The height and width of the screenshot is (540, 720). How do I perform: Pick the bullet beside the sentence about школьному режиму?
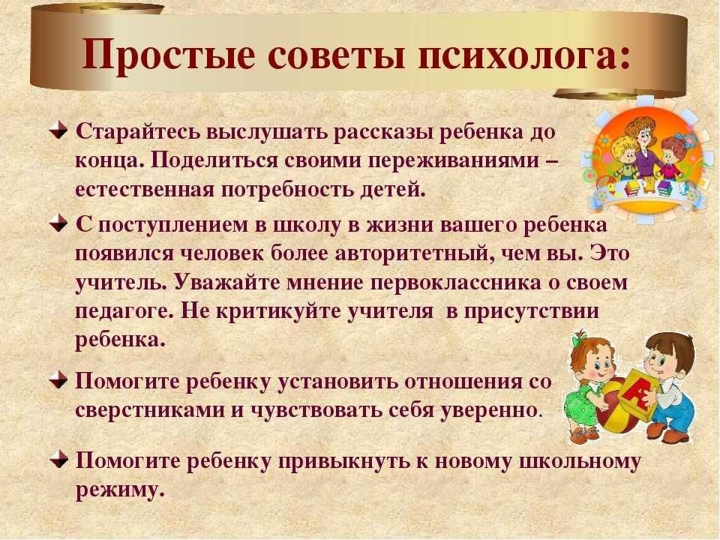(x=58, y=458)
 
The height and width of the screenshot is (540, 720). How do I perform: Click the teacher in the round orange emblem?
(x=643, y=148)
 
